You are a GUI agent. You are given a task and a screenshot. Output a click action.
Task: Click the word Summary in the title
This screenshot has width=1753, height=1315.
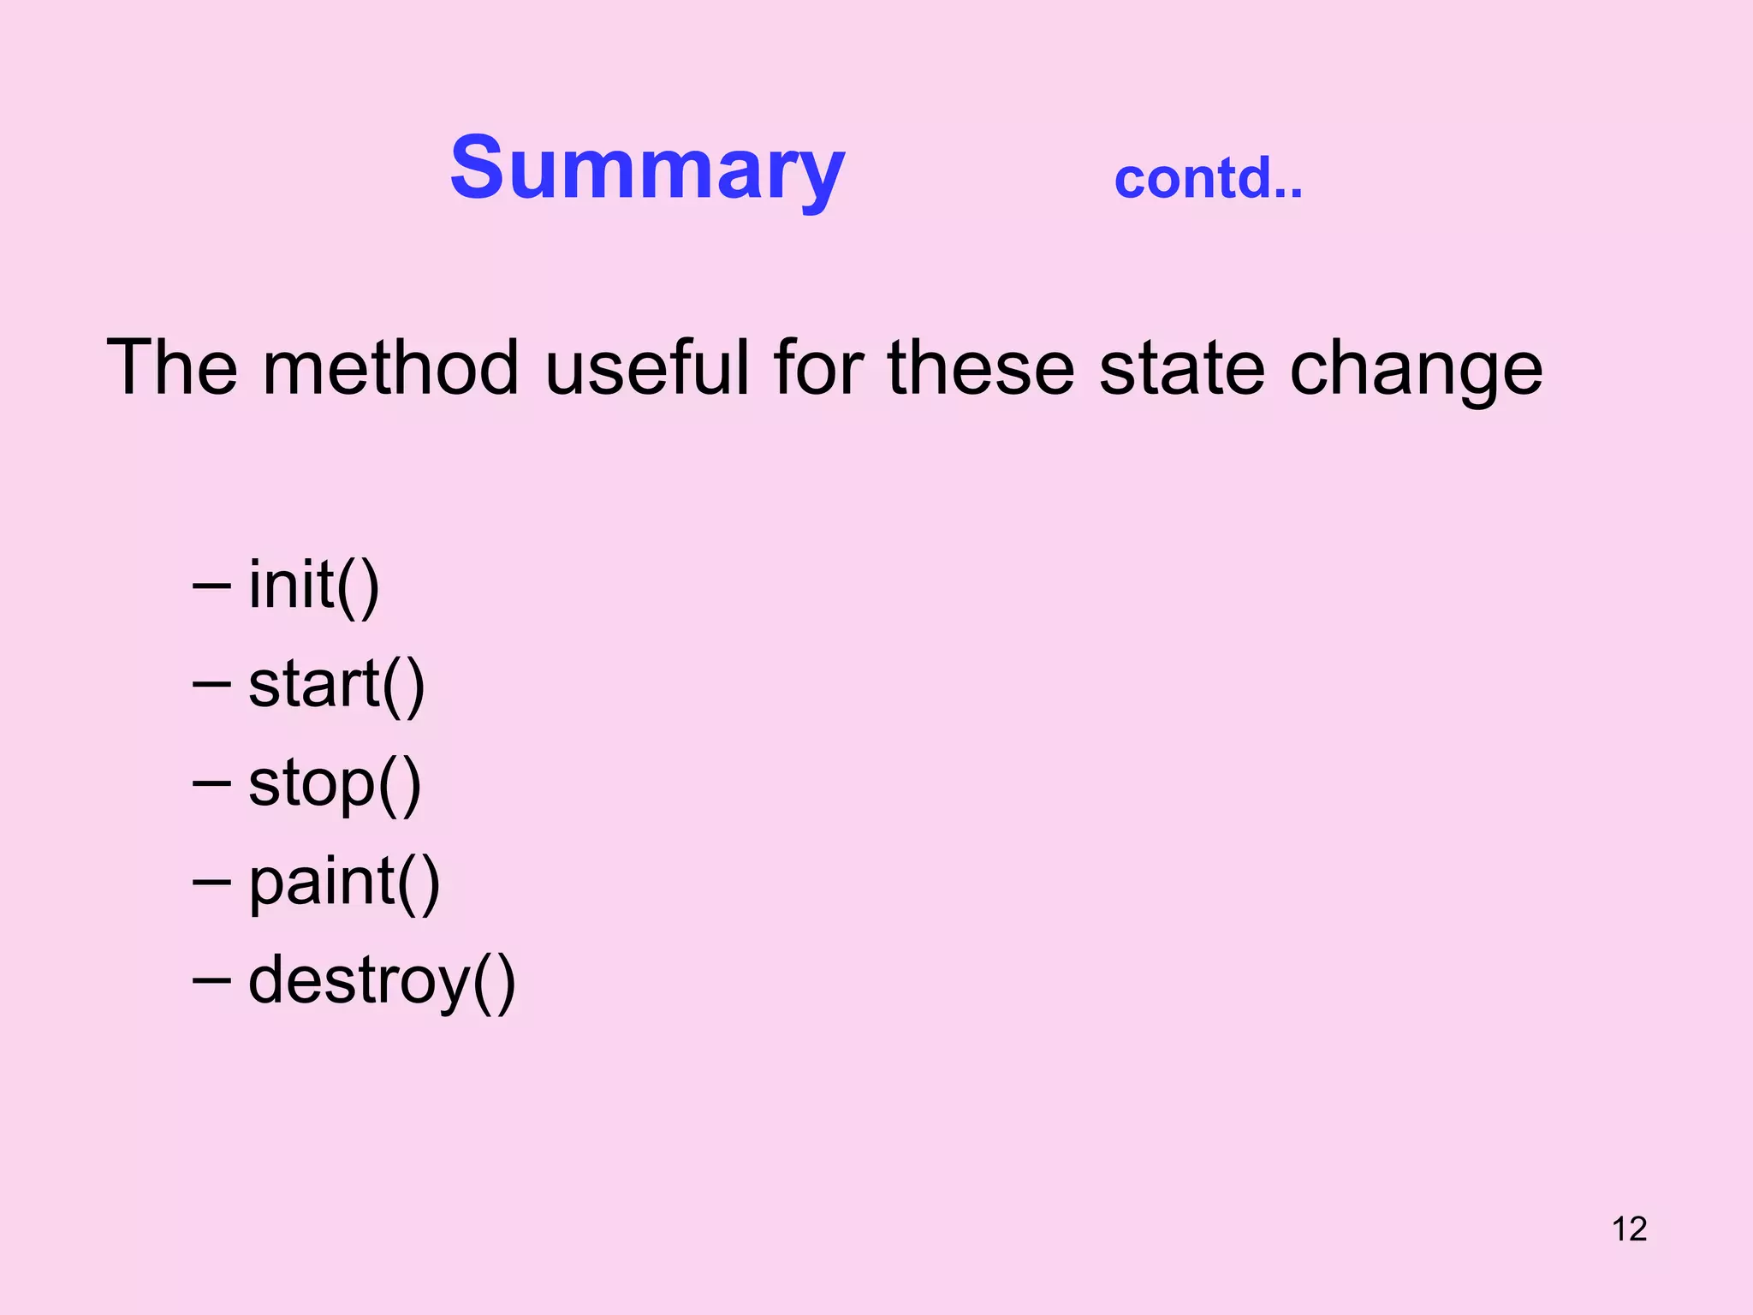647,170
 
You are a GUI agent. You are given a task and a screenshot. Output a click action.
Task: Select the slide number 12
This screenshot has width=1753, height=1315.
1629,1229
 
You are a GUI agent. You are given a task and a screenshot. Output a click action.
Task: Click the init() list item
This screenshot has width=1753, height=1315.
313,586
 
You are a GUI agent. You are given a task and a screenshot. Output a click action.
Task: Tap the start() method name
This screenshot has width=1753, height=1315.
336,685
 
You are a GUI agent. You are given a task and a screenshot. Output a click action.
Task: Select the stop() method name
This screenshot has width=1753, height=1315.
335,784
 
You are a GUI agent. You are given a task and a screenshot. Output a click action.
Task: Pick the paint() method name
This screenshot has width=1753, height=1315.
344,884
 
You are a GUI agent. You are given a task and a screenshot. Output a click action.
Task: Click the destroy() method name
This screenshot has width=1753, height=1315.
382,982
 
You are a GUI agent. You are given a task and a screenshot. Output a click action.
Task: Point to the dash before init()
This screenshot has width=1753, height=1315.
211,587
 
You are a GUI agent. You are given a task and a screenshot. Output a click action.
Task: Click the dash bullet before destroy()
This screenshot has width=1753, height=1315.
211,980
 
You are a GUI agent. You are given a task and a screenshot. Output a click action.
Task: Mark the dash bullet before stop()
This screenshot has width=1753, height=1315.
211,783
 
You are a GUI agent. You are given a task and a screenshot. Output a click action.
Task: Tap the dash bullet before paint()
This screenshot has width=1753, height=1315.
211,882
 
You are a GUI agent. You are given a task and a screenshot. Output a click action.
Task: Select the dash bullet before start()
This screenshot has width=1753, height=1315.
211,685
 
